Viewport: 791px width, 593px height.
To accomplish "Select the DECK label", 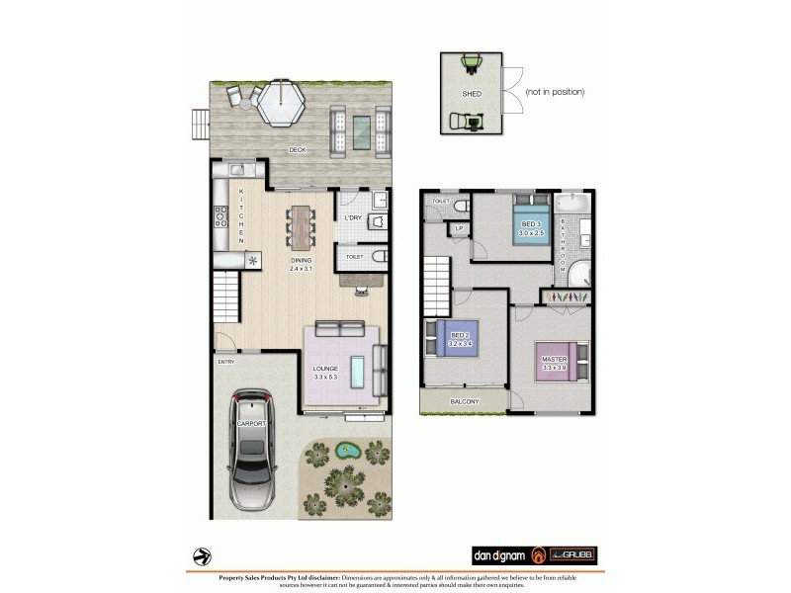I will [x=297, y=150].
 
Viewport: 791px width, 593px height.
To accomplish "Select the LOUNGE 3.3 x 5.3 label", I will [x=326, y=373].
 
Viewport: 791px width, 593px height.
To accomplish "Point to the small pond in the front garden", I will [x=347, y=451].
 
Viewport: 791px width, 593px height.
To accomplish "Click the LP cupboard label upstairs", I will [x=458, y=228].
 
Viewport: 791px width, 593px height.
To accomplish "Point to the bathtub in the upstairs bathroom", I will [x=571, y=207].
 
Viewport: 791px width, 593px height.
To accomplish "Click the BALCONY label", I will [x=464, y=401].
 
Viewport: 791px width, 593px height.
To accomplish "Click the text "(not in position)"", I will [x=555, y=92].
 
